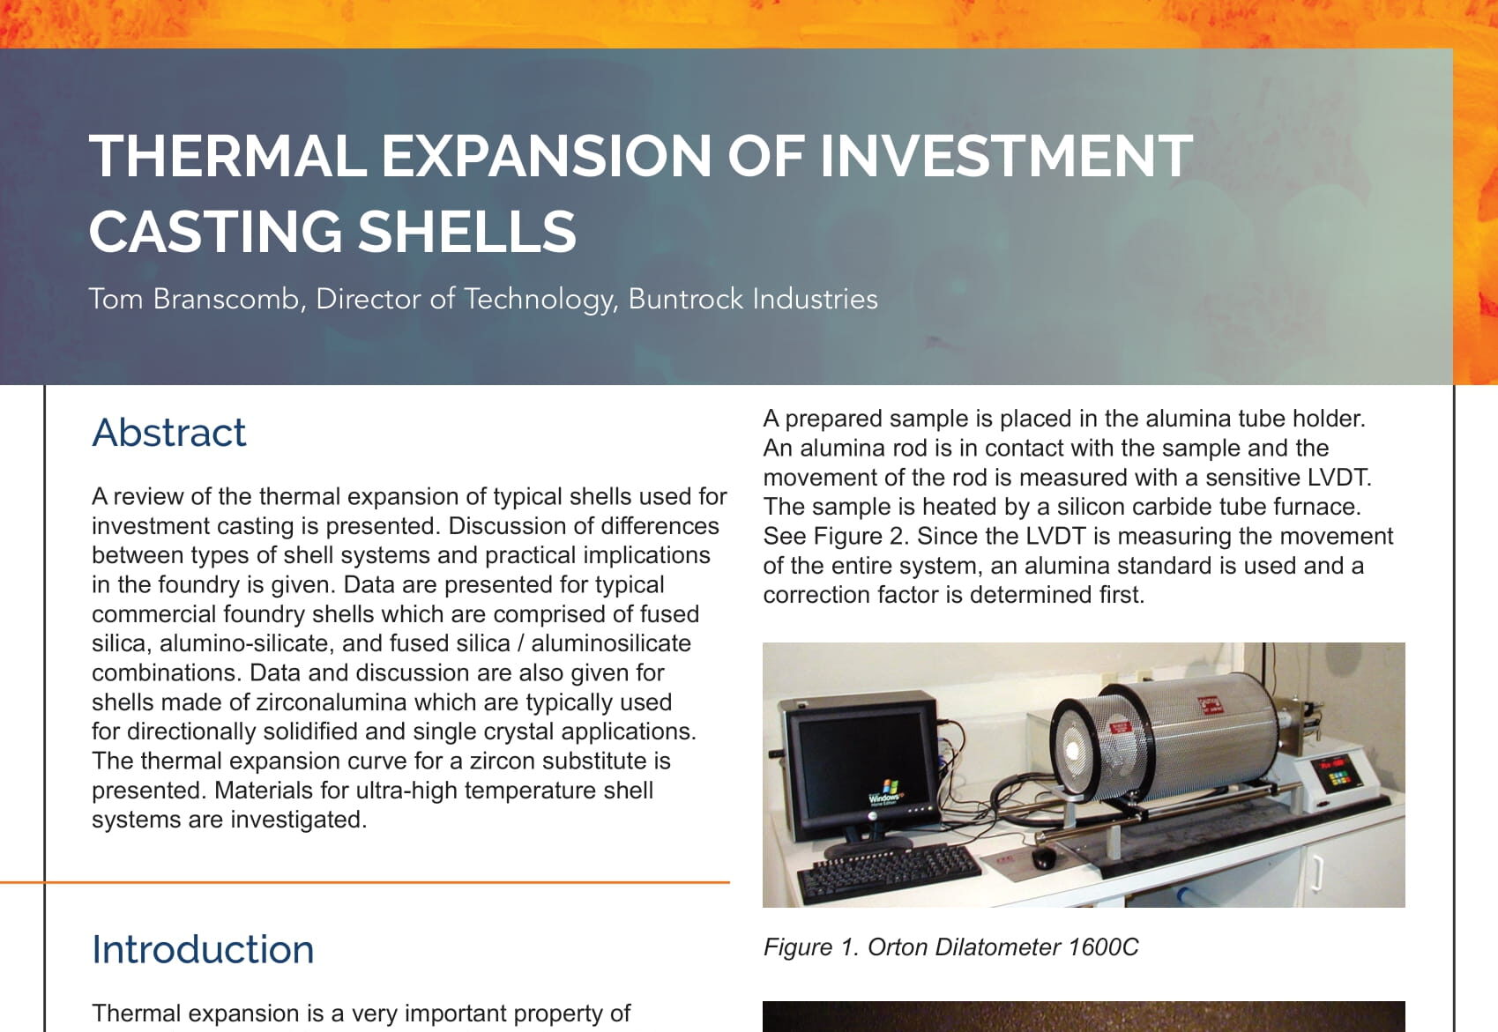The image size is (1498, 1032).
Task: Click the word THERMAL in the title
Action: click(227, 156)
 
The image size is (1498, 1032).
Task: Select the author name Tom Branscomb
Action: click(195, 299)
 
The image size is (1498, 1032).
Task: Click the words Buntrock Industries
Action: click(753, 299)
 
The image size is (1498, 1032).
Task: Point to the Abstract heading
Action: click(169, 433)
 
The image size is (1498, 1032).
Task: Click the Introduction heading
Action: click(203, 949)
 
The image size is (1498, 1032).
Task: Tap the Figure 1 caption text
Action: click(950, 947)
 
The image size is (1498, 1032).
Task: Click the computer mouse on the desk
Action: click(1043, 858)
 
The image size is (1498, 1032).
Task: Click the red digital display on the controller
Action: click(1329, 762)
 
